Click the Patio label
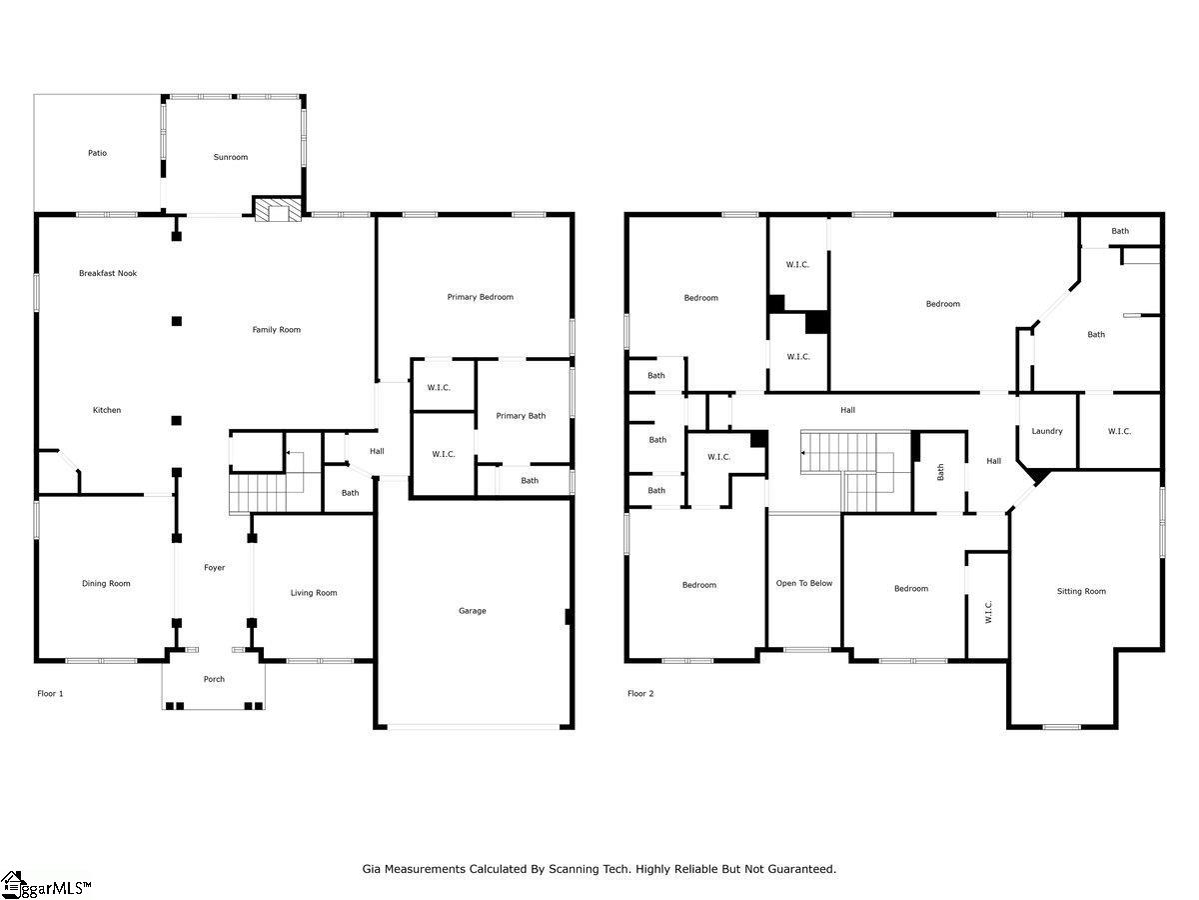coord(97,153)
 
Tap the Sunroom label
coord(231,157)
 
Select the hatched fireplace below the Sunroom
coord(278,210)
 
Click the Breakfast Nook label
coord(108,273)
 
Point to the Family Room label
coord(277,330)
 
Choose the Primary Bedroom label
coord(481,297)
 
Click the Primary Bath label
coord(521,416)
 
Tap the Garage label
coord(472,611)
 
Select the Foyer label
coord(214,568)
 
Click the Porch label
coord(214,679)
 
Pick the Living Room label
coord(314,593)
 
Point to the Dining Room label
coord(106,584)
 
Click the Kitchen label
coord(107,410)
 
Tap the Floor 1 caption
coord(50,693)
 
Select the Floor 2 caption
coord(640,693)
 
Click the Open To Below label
coord(804,584)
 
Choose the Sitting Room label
coord(1081,591)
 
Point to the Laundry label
coord(1046,431)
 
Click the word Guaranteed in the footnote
coord(801,869)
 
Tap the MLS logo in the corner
coord(45,885)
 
